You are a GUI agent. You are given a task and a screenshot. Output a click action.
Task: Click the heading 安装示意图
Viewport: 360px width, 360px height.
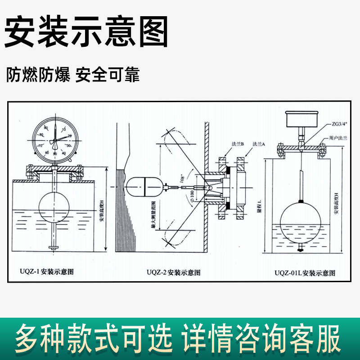85,32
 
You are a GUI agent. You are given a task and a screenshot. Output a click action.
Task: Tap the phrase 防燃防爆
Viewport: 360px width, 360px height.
38,75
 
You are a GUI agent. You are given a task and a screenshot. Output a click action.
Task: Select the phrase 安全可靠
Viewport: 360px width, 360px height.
108,75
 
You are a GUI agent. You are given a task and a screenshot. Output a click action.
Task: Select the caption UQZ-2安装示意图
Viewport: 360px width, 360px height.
174,272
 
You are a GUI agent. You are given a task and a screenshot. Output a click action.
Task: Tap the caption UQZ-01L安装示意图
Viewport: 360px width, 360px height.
306,273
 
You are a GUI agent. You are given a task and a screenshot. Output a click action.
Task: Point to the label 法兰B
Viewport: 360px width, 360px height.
238,144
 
